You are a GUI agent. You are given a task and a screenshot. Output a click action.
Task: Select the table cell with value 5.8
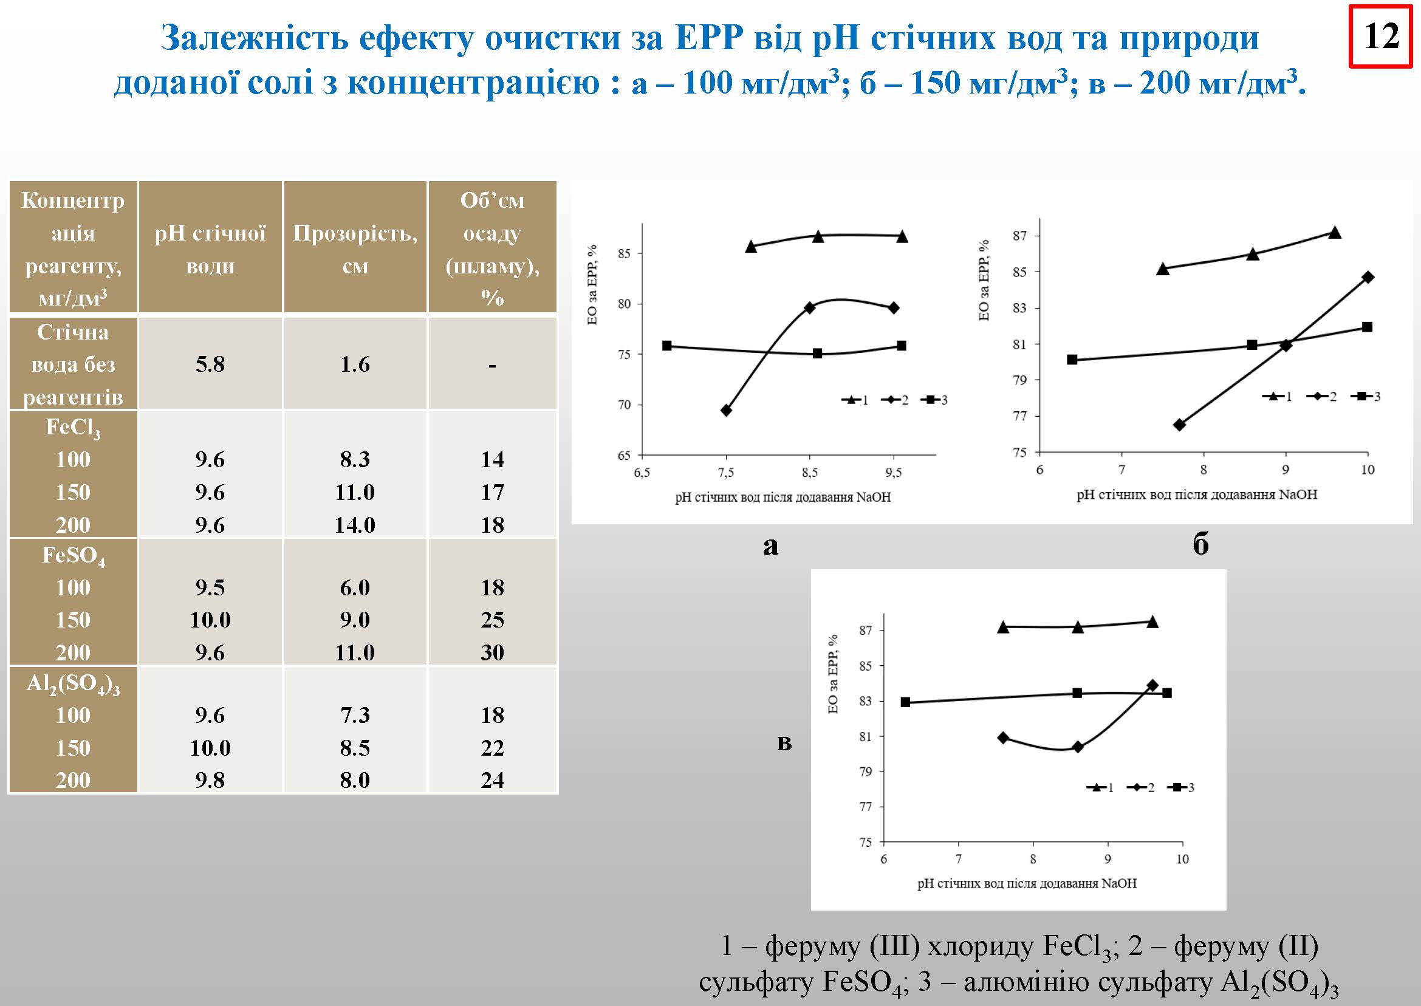(210, 364)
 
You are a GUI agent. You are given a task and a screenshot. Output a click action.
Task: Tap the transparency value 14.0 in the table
(355, 525)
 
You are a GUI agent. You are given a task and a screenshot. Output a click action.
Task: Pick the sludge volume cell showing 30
(493, 652)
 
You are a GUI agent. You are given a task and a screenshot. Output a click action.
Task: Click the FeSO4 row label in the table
(73, 555)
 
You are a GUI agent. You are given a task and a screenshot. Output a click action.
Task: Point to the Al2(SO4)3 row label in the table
(73, 683)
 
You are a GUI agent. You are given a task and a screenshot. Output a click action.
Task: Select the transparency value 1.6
(355, 364)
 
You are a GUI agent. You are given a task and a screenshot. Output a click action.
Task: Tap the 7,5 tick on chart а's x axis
(726, 473)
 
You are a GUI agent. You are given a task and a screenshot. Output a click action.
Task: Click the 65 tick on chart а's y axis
(624, 455)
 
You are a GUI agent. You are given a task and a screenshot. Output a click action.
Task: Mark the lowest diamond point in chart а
(727, 410)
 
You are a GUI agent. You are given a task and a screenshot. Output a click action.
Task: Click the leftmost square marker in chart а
(667, 346)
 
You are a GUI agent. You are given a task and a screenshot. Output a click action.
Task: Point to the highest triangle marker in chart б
(1335, 233)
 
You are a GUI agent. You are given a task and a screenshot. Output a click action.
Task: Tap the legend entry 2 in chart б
(1322, 397)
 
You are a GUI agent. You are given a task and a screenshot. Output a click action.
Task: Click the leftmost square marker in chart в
(906, 702)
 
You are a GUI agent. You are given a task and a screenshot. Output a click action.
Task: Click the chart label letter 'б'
(1200, 544)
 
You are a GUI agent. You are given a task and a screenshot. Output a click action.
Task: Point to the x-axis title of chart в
(1027, 883)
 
